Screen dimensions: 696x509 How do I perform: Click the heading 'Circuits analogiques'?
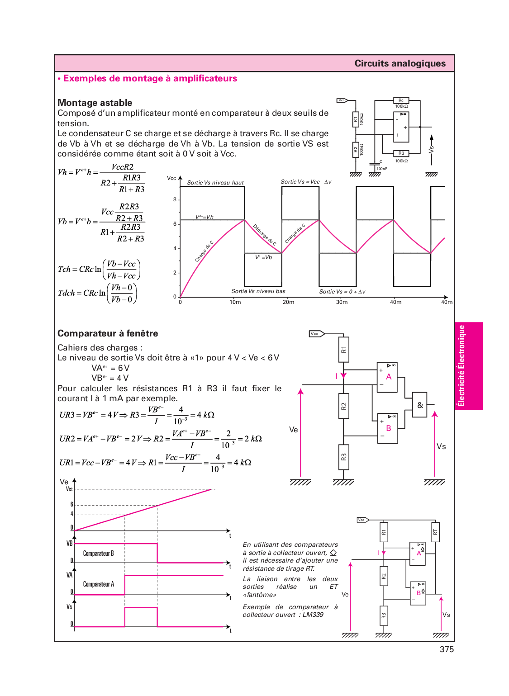pyautogui.click(x=400, y=63)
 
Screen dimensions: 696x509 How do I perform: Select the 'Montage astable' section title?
pyautogui.click(x=95, y=103)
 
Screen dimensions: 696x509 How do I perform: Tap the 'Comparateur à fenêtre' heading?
pyautogui.click(x=108, y=333)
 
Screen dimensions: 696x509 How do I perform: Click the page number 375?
pyautogui.click(x=446, y=649)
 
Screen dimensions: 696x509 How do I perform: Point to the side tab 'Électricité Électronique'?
pyautogui.click(x=461, y=365)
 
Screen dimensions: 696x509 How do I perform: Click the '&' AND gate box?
pyautogui.click(x=420, y=405)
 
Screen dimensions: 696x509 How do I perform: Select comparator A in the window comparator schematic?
pyautogui.click(x=388, y=377)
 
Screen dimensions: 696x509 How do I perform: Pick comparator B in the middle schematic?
pyautogui.click(x=388, y=428)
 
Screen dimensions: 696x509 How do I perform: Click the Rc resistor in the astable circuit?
pyautogui.click(x=401, y=100)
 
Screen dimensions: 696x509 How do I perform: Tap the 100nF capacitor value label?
pyautogui.click(x=381, y=169)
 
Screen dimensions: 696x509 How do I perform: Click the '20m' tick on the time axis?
pyautogui.click(x=288, y=302)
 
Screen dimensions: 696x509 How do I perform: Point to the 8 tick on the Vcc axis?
pyautogui.click(x=175, y=199)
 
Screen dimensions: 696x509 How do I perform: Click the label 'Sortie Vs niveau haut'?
pyautogui.click(x=215, y=183)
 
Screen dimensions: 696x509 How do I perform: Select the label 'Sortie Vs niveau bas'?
pyautogui.click(x=258, y=291)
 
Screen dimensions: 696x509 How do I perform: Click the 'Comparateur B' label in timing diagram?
pyautogui.click(x=98, y=554)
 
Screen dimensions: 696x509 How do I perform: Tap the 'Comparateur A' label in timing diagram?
pyautogui.click(x=98, y=584)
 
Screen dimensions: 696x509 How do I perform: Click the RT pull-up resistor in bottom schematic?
pyautogui.click(x=435, y=532)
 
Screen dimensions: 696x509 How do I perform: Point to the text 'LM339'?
pyautogui.click(x=313, y=615)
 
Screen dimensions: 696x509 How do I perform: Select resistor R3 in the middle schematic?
pyautogui.click(x=344, y=457)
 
